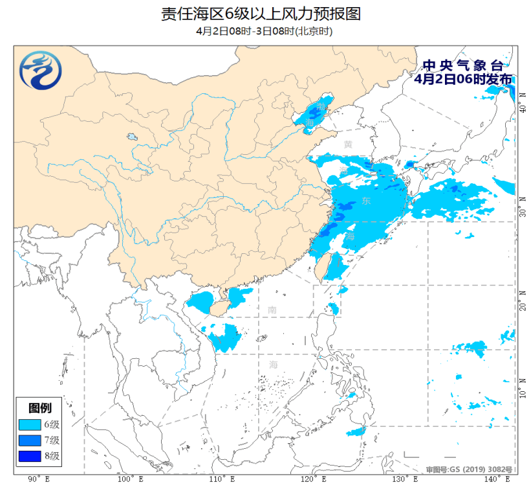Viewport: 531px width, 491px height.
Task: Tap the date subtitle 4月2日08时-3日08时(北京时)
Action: [265, 30]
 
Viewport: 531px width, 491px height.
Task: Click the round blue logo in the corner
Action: [40, 71]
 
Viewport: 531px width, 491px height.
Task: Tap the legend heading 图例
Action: [41, 408]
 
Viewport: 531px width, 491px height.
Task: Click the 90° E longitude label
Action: [38, 479]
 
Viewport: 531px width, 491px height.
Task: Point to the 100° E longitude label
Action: [129, 479]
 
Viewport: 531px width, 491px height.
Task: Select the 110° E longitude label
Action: [221, 479]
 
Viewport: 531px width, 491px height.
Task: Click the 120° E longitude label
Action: [313, 479]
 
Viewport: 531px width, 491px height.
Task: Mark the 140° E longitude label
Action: [497, 479]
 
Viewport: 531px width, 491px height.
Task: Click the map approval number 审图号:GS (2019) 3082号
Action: [469, 469]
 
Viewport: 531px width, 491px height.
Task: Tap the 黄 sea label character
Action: [349, 144]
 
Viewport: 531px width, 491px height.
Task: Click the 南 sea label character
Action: [272, 310]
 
